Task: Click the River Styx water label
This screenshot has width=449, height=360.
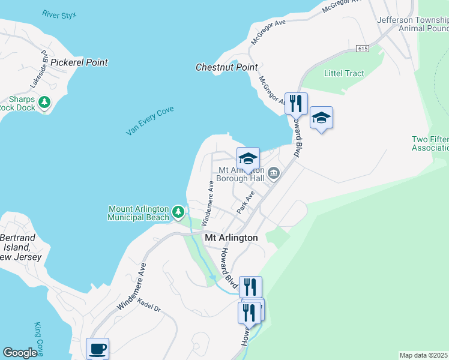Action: click(59, 14)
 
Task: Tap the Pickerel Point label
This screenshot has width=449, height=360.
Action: click(79, 62)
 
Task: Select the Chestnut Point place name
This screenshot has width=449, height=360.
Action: click(227, 67)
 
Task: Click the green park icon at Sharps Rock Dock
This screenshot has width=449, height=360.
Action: click(44, 103)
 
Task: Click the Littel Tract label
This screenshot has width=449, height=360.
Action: click(344, 73)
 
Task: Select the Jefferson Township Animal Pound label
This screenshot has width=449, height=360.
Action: click(412, 24)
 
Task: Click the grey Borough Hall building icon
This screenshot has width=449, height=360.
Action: click(274, 174)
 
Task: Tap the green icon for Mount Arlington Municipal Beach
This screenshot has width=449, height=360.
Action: click(178, 211)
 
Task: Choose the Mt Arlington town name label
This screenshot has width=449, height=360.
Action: click(231, 238)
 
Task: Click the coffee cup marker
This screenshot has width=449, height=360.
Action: click(97, 348)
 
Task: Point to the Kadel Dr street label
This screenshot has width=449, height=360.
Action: click(149, 305)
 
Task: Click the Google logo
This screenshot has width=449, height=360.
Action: click(20, 353)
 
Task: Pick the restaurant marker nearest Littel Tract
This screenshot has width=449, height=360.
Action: click(296, 103)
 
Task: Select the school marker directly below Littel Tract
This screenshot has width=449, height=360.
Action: click(321, 118)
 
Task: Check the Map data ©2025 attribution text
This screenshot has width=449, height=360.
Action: click(424, 355)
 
